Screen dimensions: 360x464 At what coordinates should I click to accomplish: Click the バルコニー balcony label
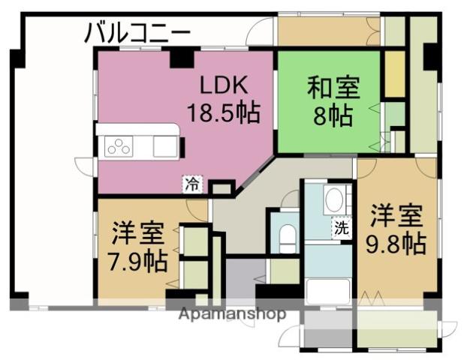click(137, 33)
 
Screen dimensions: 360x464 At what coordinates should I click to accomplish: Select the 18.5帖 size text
click(223, 112)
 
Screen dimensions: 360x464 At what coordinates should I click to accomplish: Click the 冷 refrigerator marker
click(192, 184)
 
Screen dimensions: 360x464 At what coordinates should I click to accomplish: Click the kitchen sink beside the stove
click(164, 145)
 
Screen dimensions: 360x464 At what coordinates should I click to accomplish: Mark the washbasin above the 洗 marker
click(334, 200)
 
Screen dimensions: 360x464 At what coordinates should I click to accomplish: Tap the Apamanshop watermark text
click(232, 313)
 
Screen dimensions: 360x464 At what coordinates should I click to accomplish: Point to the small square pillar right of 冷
click(221, 188)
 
